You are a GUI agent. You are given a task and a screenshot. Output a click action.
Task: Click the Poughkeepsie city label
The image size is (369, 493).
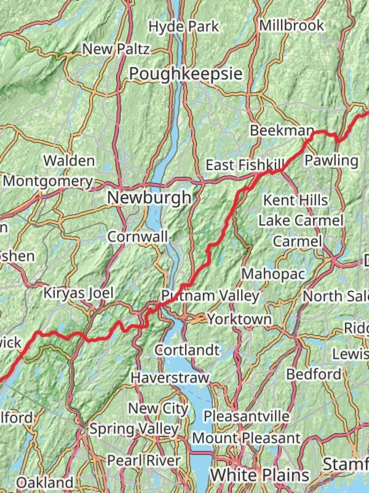pyautogui.click(x=185, y=73)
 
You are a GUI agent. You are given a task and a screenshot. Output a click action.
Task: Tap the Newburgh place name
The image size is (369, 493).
pyautogui.click(x=149, y=198)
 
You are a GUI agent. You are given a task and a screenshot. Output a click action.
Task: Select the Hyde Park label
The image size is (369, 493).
pyautogui.click(x=184, y=26)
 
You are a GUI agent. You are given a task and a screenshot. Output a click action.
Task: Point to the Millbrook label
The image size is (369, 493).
pyautogui.click(x=292, y=26)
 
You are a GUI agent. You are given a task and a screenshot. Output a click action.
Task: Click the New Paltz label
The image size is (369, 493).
pyautogui.click(x=116, y=49)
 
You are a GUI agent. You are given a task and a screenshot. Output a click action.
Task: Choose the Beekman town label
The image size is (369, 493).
pyautogui.click(x=282, y=131)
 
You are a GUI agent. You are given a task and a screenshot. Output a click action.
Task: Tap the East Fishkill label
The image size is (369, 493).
pyautogui.click(x=245, y=165)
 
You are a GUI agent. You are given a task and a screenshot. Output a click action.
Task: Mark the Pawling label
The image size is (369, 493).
pyautogui.click(x=331, y=160)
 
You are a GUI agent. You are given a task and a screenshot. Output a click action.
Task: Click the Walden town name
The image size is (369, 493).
pyautogui.click(x=69, y=161)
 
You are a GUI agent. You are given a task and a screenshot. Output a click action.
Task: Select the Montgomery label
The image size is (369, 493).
pyautogui.click(x=48, y=181)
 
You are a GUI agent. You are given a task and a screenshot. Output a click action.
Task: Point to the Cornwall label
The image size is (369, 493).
pyautogui.click(x=138, y=236)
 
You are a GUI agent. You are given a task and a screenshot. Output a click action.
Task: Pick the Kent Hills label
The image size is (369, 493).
pyautogui.click(x=295, y=200)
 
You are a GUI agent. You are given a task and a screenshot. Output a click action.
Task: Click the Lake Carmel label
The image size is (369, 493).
pyautogui.click(x=301, y=220)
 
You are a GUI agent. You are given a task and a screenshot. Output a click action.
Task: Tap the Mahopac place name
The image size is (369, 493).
pyautogui.click(x=273, y=274)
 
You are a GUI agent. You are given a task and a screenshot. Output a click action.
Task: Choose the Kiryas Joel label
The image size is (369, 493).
pyautogui.click(x=78, y=293)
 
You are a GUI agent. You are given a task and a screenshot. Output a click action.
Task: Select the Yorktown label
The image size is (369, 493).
pyautogui.click(x=240, y=319)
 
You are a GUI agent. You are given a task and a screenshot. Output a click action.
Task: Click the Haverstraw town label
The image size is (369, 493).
pyautogui.click(x=169, y=378)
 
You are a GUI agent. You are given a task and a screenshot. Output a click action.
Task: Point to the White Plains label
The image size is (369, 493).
pyautogui.click(x=259, y=475)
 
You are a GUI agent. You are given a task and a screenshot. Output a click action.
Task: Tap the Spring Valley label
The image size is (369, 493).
pyautogui.click(x=133, y=429)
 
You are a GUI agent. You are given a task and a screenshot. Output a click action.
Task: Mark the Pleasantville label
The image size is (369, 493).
pyautogui.click(x=246, y=416)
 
